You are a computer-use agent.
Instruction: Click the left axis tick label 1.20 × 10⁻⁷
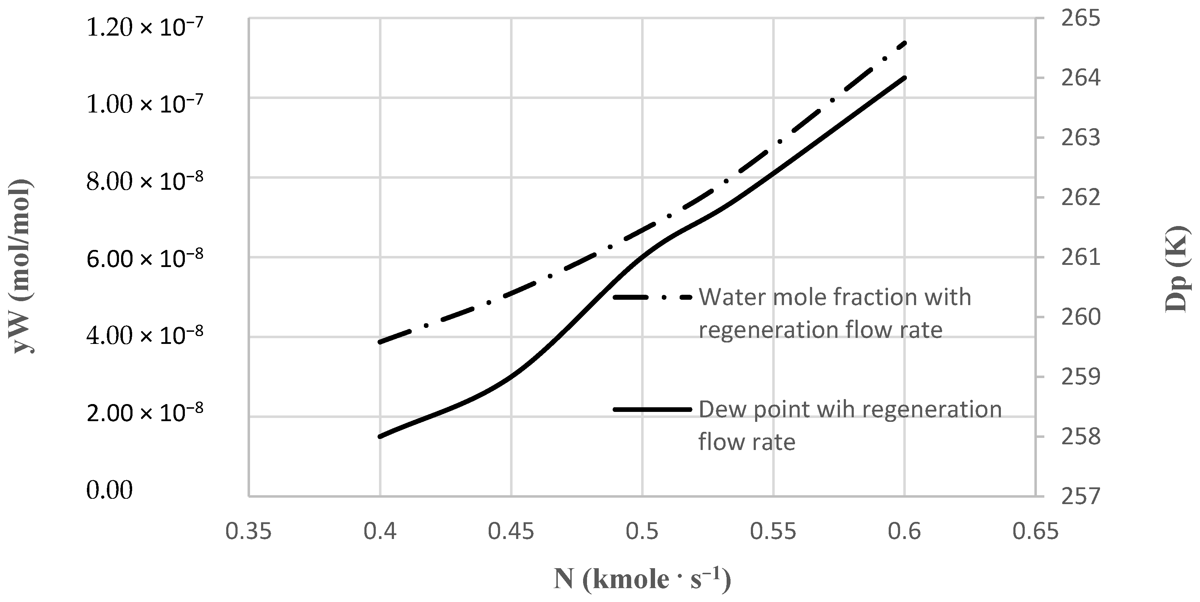click(x=144, y=28)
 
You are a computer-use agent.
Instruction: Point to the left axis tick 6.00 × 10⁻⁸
click(x=144, y=258)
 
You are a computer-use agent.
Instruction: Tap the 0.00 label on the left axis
click(x=109, y=490)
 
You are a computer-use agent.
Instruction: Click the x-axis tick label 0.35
click(x=248, y=531)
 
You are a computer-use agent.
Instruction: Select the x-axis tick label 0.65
click(x=1035, y=531)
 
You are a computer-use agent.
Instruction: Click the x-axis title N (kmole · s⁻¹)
click(x=642, y=580)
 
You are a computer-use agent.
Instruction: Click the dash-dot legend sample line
click(x=652, y=297)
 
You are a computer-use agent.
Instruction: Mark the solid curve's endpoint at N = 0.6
click(x=905, y=77)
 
